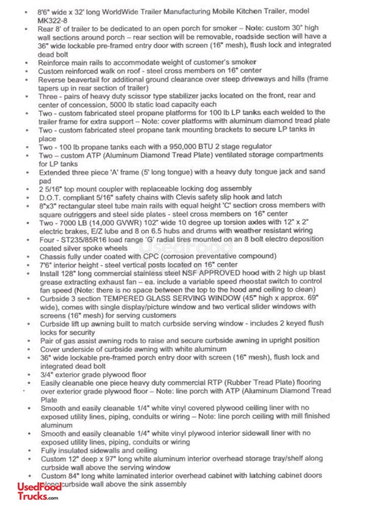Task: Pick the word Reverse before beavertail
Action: click(x=52, y=79)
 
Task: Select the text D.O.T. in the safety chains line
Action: click(x=50, y=196)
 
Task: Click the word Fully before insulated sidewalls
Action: click(x=50, y=450)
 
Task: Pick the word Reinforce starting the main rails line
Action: click(x=55, y=62)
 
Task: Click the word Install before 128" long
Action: click(x=50, y=273)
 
